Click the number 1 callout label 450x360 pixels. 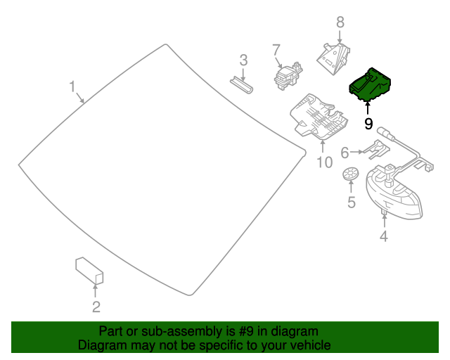(72, 86)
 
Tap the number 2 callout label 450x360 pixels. (96, 307)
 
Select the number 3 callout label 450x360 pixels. (243, 60)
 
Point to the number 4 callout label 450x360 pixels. (383, 237)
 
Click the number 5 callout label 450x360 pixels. (351, 204)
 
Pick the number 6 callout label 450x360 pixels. (345, 153)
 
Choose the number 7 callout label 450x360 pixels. (276, 49)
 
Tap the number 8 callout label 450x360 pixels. (340, 22)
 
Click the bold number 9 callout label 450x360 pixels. (368, 124)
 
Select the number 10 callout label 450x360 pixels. (323, 163)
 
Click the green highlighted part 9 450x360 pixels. (371, 85)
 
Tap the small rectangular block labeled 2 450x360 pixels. (89, 271)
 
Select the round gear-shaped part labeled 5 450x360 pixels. (350, 174)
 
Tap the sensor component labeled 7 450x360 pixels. (287, 75)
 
